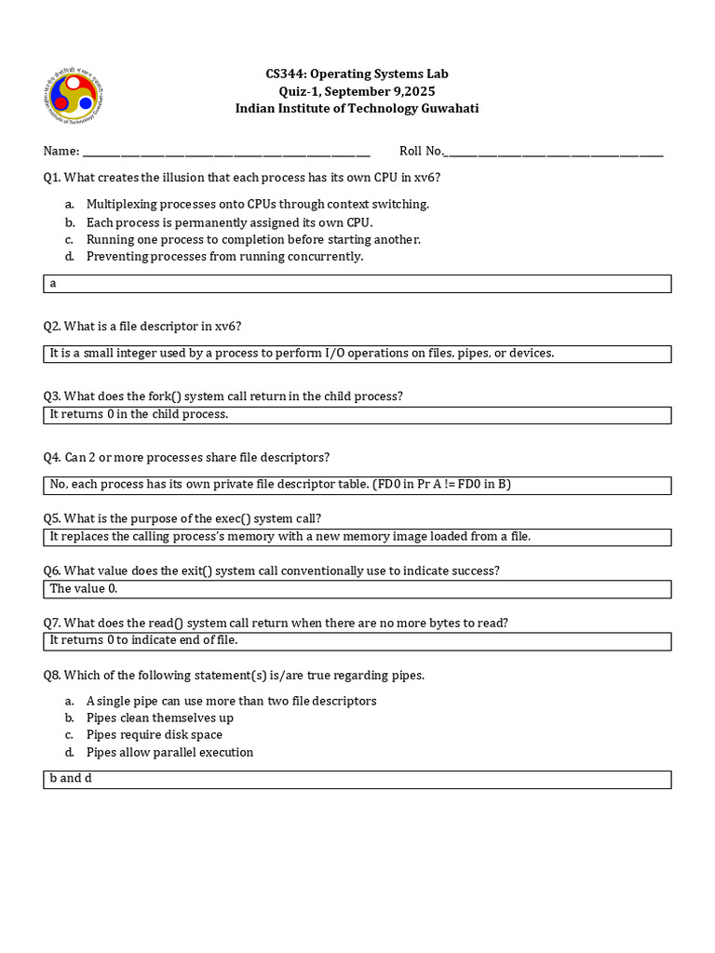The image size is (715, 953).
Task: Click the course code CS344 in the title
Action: coord(285,74)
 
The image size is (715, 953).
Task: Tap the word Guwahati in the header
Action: coord(451,108)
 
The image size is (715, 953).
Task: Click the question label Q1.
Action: coord(52,177)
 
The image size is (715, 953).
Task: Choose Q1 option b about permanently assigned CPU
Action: coord(229,222)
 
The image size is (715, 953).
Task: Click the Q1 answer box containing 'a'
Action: coord(357,284)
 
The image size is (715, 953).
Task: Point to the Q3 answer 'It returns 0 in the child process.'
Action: coord(139,415)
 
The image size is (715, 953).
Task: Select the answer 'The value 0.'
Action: coord(84,589)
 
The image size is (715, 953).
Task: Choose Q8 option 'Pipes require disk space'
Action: coord(155,735)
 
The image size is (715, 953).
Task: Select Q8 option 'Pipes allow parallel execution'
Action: coord(169,752)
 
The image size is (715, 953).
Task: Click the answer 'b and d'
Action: coord(71,779)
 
